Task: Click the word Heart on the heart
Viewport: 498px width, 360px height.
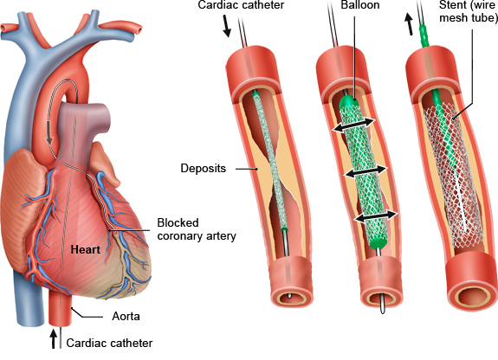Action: pos(85,249)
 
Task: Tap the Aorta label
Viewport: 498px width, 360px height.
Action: pos(126,316)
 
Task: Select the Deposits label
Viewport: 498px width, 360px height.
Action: pos(204,168)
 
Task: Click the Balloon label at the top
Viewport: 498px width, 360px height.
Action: pos(360,5)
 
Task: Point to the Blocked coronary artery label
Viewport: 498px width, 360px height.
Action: pos(197,229)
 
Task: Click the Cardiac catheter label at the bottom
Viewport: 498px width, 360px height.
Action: pos(109,344)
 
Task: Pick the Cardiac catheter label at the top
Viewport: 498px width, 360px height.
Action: pos(241,5)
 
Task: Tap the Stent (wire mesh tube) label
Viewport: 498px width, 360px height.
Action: pos(469,11)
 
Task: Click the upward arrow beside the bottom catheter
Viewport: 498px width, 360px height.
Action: pos(54,338)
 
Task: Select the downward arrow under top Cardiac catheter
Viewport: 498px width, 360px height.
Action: pos(226,28)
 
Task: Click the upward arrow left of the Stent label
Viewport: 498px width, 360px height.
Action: pos(409,25)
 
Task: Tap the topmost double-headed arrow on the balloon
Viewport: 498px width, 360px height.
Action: pos(354,125)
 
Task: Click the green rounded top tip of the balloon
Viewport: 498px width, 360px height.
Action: pos(349,101)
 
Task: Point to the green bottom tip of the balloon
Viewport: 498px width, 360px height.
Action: pos(378,243)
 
